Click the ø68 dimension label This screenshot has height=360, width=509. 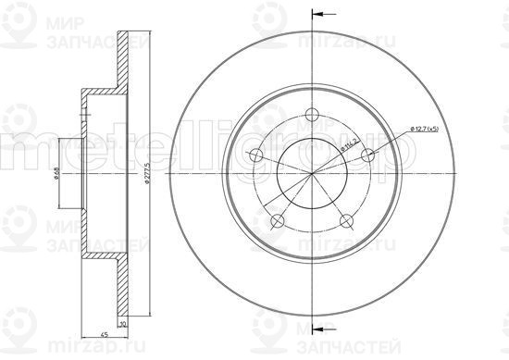pyautogui.click(x=57, y=173)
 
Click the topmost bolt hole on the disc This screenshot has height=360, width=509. pyautogui.click(x=312, y=116)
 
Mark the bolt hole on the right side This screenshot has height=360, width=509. pyautogui.click(x=367, y=155)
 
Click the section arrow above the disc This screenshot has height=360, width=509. pyautogui.click(x=320, y=14)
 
